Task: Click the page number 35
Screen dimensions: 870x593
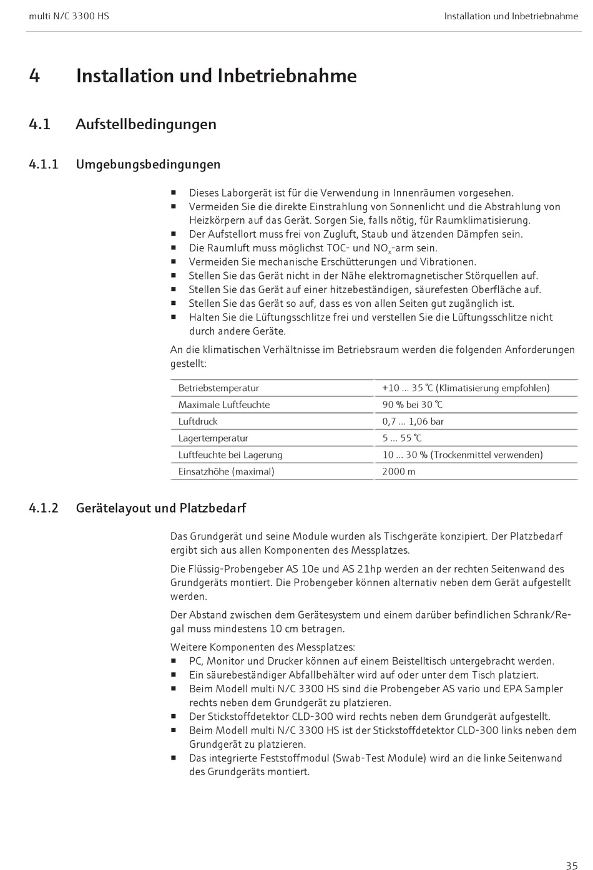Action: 571,865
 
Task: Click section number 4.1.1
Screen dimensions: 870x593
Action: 44,165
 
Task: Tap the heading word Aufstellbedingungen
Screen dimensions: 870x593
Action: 146,124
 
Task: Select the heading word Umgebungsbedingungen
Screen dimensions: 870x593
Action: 148,165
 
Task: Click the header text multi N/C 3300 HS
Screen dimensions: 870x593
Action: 69,16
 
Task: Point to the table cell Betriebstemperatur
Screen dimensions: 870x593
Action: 218,388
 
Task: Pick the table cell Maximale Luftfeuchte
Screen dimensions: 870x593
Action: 224,405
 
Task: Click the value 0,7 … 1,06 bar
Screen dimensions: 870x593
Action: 413,422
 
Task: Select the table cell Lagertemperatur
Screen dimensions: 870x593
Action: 213,438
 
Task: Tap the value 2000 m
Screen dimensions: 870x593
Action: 399,471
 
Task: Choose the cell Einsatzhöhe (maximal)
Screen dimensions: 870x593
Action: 226,471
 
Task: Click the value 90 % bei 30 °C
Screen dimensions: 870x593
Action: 413,405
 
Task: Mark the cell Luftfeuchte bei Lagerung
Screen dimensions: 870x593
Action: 230,455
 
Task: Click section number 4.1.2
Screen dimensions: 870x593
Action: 44,508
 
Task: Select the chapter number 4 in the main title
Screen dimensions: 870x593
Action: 34,76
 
